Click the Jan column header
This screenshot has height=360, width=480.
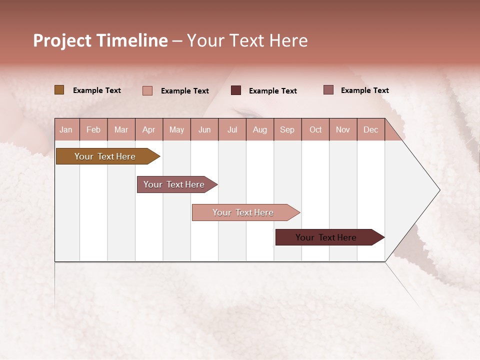[66, 129]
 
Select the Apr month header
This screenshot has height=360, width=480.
[148, 129]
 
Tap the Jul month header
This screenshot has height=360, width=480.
[232, 129]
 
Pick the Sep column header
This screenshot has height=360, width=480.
[287, 129]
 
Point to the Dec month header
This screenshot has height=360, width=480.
[370, 129]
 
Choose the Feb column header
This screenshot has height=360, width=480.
[93, 129]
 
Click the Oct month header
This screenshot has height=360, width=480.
[315, 129]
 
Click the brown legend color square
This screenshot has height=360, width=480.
[59, 90]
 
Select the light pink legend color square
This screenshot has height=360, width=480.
[147, 90]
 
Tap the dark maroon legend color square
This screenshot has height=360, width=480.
[236, 90]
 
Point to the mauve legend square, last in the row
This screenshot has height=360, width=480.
[328, 90]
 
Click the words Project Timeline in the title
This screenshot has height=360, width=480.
[100, 40]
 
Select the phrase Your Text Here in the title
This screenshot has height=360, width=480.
[247, 40]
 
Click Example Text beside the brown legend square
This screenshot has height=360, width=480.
[97, 90]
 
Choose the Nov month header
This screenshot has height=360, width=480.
[343, 129]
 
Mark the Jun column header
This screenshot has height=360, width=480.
[204, 129]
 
